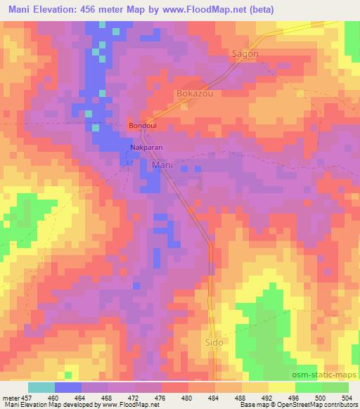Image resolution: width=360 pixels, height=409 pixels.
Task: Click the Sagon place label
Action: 245,54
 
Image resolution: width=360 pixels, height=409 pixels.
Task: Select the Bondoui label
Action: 142,126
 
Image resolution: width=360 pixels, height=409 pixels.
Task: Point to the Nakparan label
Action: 146,148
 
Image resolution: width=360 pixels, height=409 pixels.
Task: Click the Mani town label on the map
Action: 163,165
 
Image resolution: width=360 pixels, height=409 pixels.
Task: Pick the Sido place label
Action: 214,343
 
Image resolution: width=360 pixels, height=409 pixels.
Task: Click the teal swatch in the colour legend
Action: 41,387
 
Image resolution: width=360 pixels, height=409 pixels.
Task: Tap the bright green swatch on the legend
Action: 335,387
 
